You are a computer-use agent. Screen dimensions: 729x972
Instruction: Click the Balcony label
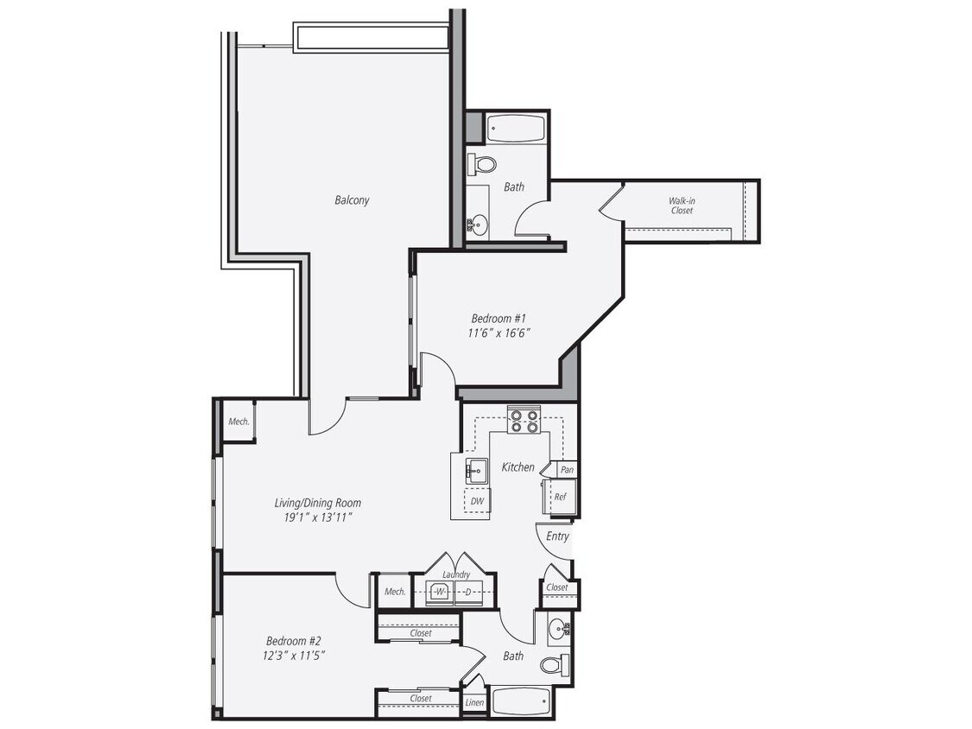(352, 200)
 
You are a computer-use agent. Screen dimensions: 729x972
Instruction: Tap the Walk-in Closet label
(682, 206)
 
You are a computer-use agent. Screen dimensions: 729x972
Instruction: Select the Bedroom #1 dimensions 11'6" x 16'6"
(499, 333)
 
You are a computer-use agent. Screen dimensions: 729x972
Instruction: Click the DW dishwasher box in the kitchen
(477, 501)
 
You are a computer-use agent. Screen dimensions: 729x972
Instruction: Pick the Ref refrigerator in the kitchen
(560, 497)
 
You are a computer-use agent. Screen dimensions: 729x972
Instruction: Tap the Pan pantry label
(567, 470)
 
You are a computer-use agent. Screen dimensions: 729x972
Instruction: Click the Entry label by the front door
(558, 536)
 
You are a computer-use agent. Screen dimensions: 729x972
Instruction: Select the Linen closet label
(474, 703)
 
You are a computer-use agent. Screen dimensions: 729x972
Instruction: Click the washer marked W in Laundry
(440, 592)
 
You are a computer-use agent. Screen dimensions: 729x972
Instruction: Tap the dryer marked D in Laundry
(468, 592)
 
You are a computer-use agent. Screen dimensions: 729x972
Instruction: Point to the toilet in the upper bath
(484, 164)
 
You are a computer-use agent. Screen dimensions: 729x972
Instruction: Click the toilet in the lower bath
(553, 665)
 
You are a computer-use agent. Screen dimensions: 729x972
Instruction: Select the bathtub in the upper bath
(515, 129)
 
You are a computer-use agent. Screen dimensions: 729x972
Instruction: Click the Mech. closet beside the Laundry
(395, 592)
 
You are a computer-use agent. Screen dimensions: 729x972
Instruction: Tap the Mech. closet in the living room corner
(238, 422)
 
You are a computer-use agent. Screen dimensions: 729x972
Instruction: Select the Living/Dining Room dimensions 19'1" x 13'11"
(317, 517)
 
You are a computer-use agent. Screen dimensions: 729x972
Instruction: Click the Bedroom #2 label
(294, 641)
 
